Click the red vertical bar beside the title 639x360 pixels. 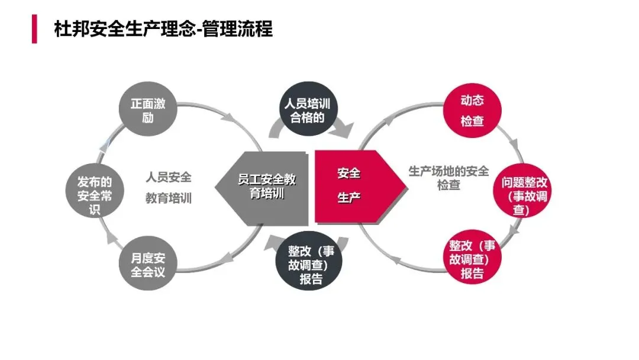(34, 30)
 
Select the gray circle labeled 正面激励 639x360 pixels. (148, 111)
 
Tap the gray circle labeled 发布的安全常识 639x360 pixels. (95, 195)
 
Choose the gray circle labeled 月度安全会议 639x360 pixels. (148, 265)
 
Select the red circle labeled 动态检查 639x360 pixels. (472, 111)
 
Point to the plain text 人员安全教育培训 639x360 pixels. (169, 188)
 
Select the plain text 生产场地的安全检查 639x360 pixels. (448, 178)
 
